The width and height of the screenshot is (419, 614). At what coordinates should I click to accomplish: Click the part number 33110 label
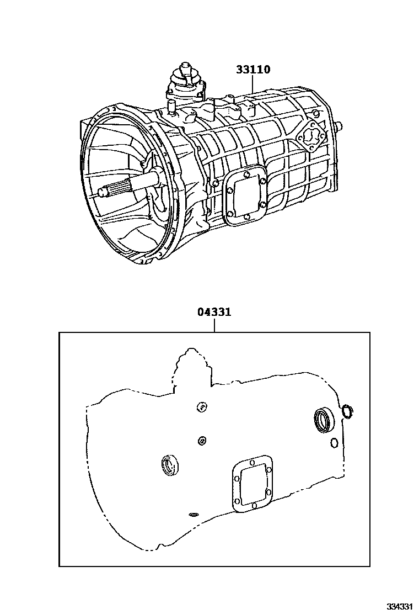coord(253,70)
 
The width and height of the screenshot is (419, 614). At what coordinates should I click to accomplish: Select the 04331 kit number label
coord(214,312)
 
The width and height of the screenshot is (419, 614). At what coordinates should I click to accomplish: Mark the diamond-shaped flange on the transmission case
coord(311,137)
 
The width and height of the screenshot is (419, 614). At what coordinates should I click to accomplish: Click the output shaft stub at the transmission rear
coord(339,126)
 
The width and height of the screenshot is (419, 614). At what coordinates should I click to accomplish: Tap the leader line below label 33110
coord(253,84)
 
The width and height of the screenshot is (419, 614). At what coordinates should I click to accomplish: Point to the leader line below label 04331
coord(214,325)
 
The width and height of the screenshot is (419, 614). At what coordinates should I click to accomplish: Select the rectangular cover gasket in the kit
coord(253,484)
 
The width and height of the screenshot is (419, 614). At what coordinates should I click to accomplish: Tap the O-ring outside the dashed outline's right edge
coord(347,411)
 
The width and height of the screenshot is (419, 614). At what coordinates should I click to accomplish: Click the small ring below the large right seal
coord(334,443)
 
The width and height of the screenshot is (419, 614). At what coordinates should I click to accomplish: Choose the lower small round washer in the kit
coord(202,441)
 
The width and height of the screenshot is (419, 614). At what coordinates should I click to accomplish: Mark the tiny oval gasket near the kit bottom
coord(193,514)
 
